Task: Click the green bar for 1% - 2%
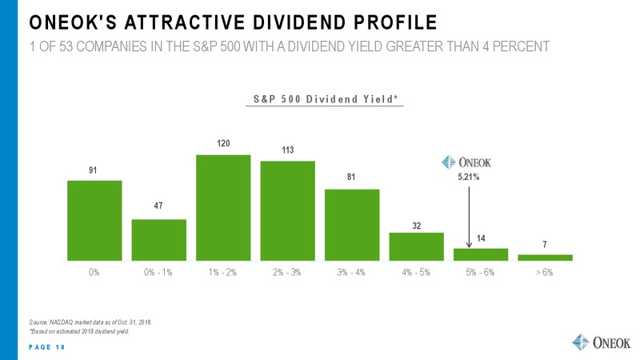(x=223, y=208)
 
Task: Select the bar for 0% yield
(x=94, y=221)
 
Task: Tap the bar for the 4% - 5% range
(x=416, y=246)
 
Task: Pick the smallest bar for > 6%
(x=546, y=258)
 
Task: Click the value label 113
(x=288, y=150)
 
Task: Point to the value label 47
(x=158, y=206)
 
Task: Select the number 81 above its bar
(x=351, y=177)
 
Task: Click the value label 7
(x=545, y=245)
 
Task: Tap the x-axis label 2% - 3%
(x=287, y=272)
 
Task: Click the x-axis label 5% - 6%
(x=481, y=272)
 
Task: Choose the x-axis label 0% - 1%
(x=158, y=272)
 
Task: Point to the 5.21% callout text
(x=469, y=177)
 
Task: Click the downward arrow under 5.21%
(x=469, y=217)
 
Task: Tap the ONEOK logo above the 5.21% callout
(x=466, y=162)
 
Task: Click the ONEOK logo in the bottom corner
(x=602, y=342)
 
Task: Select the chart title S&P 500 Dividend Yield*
(x=326, y=99)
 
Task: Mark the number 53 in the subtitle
(x=66, y=46)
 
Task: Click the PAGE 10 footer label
(x=47, y=347)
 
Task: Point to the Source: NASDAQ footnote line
(x=90, y=322)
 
